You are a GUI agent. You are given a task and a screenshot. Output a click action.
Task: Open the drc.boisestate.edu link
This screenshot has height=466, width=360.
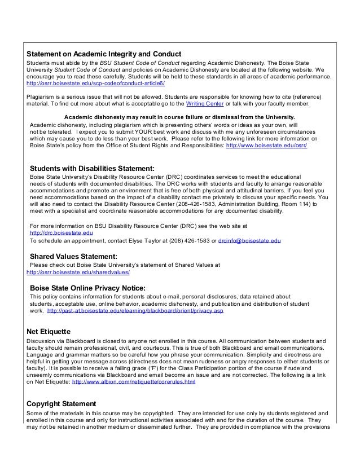coord(61,233)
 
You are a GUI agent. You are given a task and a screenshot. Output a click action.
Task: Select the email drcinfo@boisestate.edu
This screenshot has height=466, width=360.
coord(249,241)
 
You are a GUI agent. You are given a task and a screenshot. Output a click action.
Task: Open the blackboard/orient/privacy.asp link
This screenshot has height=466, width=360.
coord(135,311)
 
